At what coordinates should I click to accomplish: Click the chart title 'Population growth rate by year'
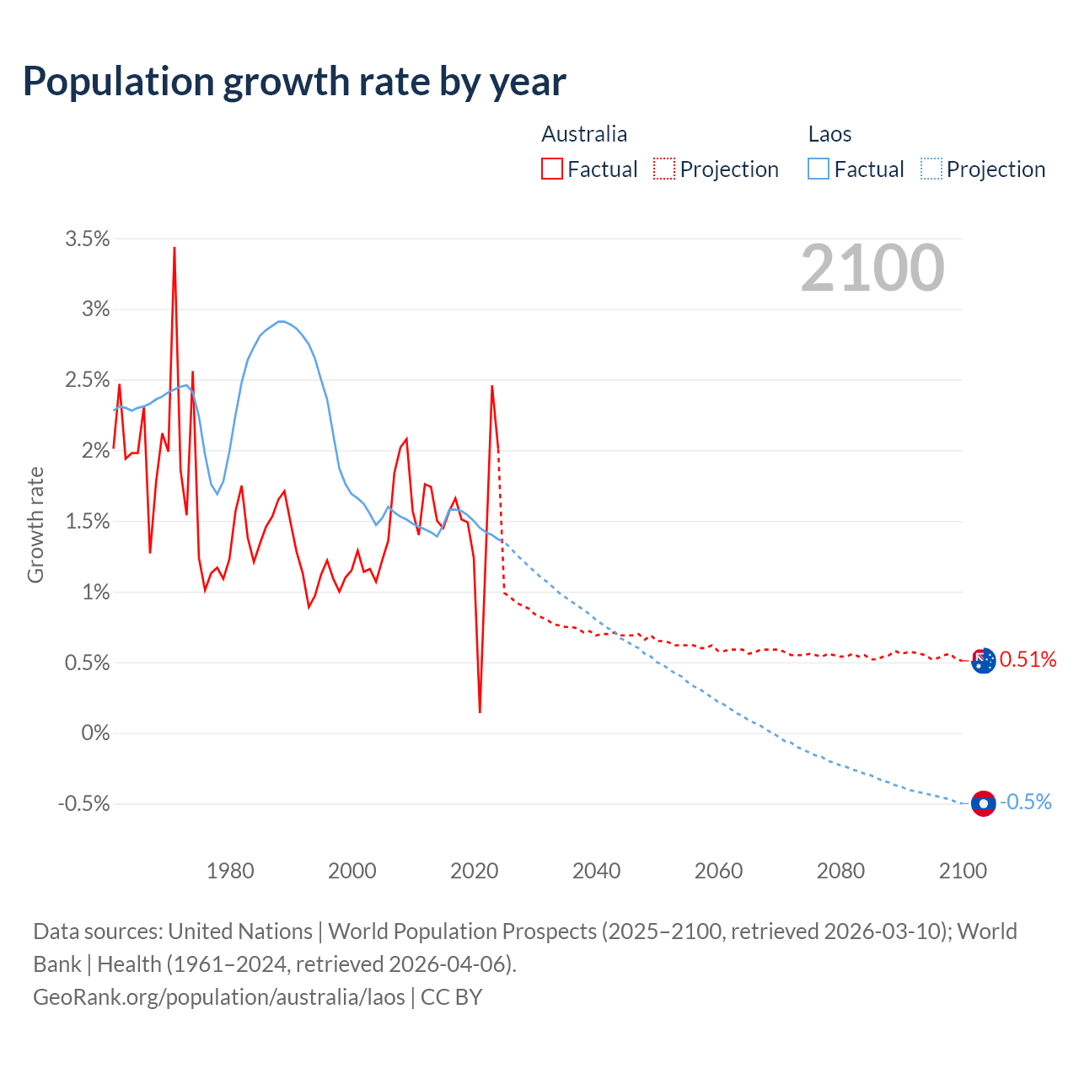[294, 82]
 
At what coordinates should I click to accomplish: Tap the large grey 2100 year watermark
[872, 268]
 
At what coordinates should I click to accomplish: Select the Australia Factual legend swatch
[552, 169]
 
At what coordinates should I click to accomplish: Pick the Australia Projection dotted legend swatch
[664, 169]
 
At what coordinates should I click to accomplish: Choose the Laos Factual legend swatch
[819, 169]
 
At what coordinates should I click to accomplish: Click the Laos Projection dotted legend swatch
[931, 169]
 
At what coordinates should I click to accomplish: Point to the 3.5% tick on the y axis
[88, 239]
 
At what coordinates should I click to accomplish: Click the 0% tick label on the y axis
[95, 733]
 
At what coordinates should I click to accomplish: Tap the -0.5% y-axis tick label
[84, 804]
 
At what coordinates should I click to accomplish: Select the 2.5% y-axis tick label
[88, 380]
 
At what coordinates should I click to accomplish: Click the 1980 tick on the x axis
[230, 871]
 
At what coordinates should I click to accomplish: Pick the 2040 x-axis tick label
[596, 871]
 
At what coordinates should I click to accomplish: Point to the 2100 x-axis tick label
[963, 871]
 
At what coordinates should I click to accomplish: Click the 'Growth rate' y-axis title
[35, 524]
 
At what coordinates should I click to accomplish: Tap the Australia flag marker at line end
[983, 661]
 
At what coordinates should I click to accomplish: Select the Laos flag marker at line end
[983, 803]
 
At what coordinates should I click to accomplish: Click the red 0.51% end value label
[1028, 659]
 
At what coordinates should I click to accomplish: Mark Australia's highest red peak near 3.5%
[174, 249]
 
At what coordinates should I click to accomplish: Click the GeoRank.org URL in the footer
[219, 997]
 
